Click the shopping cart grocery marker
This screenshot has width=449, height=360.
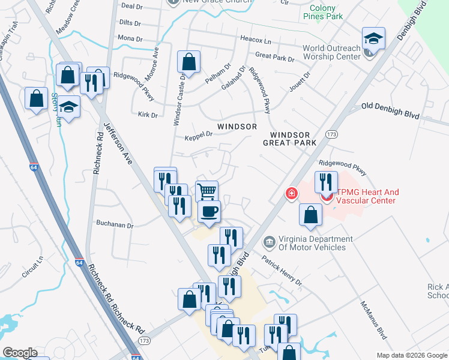(206, 191)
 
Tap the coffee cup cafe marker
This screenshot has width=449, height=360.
(209, 211)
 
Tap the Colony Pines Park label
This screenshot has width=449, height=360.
(327, 13)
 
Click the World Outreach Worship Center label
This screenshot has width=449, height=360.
(331, 52)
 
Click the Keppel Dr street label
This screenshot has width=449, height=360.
(199, 135)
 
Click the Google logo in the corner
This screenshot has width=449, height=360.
(20, 353)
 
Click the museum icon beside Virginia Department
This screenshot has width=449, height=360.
(269, 242)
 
